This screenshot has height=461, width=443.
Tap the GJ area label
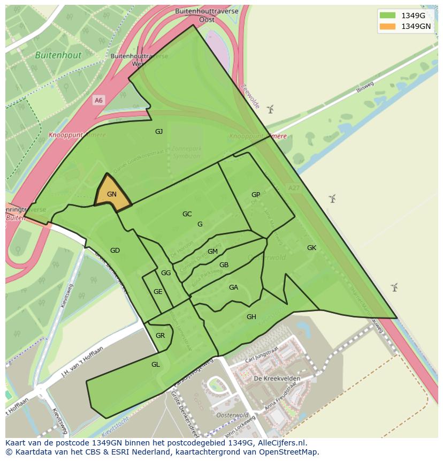click(159, 132)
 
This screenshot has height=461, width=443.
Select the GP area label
click(256, 195)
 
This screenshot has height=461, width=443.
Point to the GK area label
click(311, 248)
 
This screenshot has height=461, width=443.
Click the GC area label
click(187, 214)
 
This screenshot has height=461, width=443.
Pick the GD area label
click(115, 251)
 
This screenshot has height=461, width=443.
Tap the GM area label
click(212, 252)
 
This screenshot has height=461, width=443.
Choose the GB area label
click(224, 265)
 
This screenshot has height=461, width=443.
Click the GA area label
click(233, 288)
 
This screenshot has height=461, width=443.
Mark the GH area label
click(251, 317)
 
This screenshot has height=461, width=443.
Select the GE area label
click(158, 292)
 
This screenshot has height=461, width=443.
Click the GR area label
click(160, 336)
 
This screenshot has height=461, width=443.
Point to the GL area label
click(156, 365)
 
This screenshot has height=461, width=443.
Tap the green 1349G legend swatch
click(387, 15)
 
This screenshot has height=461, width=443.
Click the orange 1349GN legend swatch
click(387, 26)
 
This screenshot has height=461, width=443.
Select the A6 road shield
click(98, 100)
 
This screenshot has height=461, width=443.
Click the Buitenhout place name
click(58, 55)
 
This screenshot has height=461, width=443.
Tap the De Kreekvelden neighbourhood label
click(277, 379)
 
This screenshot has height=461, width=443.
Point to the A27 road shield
click(293, 188)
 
